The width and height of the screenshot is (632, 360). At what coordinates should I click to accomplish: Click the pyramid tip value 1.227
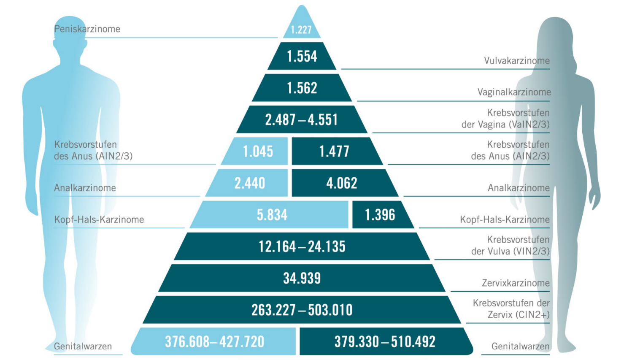tap(301, 29)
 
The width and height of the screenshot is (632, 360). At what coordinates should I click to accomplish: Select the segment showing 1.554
tap(302, 56)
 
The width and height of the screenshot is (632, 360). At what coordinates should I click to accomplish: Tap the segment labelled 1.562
tap(302, 88)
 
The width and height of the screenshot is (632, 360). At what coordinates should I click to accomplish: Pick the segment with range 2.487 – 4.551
tap(302, 119)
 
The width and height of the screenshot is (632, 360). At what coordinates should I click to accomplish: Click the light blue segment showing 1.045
tap(258, 151)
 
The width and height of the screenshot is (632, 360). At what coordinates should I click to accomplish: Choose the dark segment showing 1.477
tap(334, 151)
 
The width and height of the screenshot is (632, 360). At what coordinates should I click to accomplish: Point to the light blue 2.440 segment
tap(250, 183)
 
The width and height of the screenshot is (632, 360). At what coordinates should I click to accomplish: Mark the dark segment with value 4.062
tap(342, 183)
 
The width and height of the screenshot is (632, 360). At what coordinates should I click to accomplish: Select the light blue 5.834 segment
tap(272, 215)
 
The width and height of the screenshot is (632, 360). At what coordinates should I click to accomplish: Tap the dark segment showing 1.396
tap(380, 215)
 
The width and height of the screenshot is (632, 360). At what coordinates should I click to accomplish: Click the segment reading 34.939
tap(302, 278)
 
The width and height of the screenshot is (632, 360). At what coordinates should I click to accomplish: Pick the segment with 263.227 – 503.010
tap(302, 310)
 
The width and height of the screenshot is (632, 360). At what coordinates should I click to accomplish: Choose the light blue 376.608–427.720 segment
tap(214, 341)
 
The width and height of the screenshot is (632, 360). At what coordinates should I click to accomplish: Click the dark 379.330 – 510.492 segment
tap(385, 341)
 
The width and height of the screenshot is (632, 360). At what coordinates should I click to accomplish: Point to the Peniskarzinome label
tap(87, 29)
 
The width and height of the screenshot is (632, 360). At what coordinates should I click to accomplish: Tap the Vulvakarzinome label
tap(517, 61)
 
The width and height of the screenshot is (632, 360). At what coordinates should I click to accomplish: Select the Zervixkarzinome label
tap(516, 283)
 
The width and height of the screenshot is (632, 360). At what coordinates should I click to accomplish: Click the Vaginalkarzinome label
tap(514, 92)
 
